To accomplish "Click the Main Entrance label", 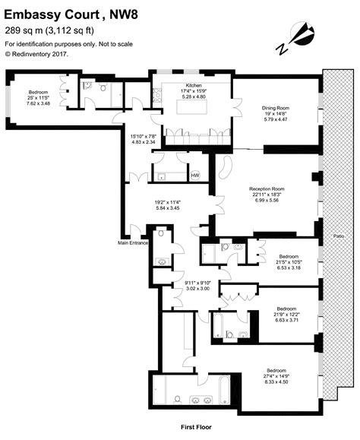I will click(131, 243).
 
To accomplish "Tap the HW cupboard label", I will click(194, 176).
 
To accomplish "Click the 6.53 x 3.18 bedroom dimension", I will click(289, 267).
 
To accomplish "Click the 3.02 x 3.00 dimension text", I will click(197, 290).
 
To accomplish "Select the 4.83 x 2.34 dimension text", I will click(143, 141).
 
